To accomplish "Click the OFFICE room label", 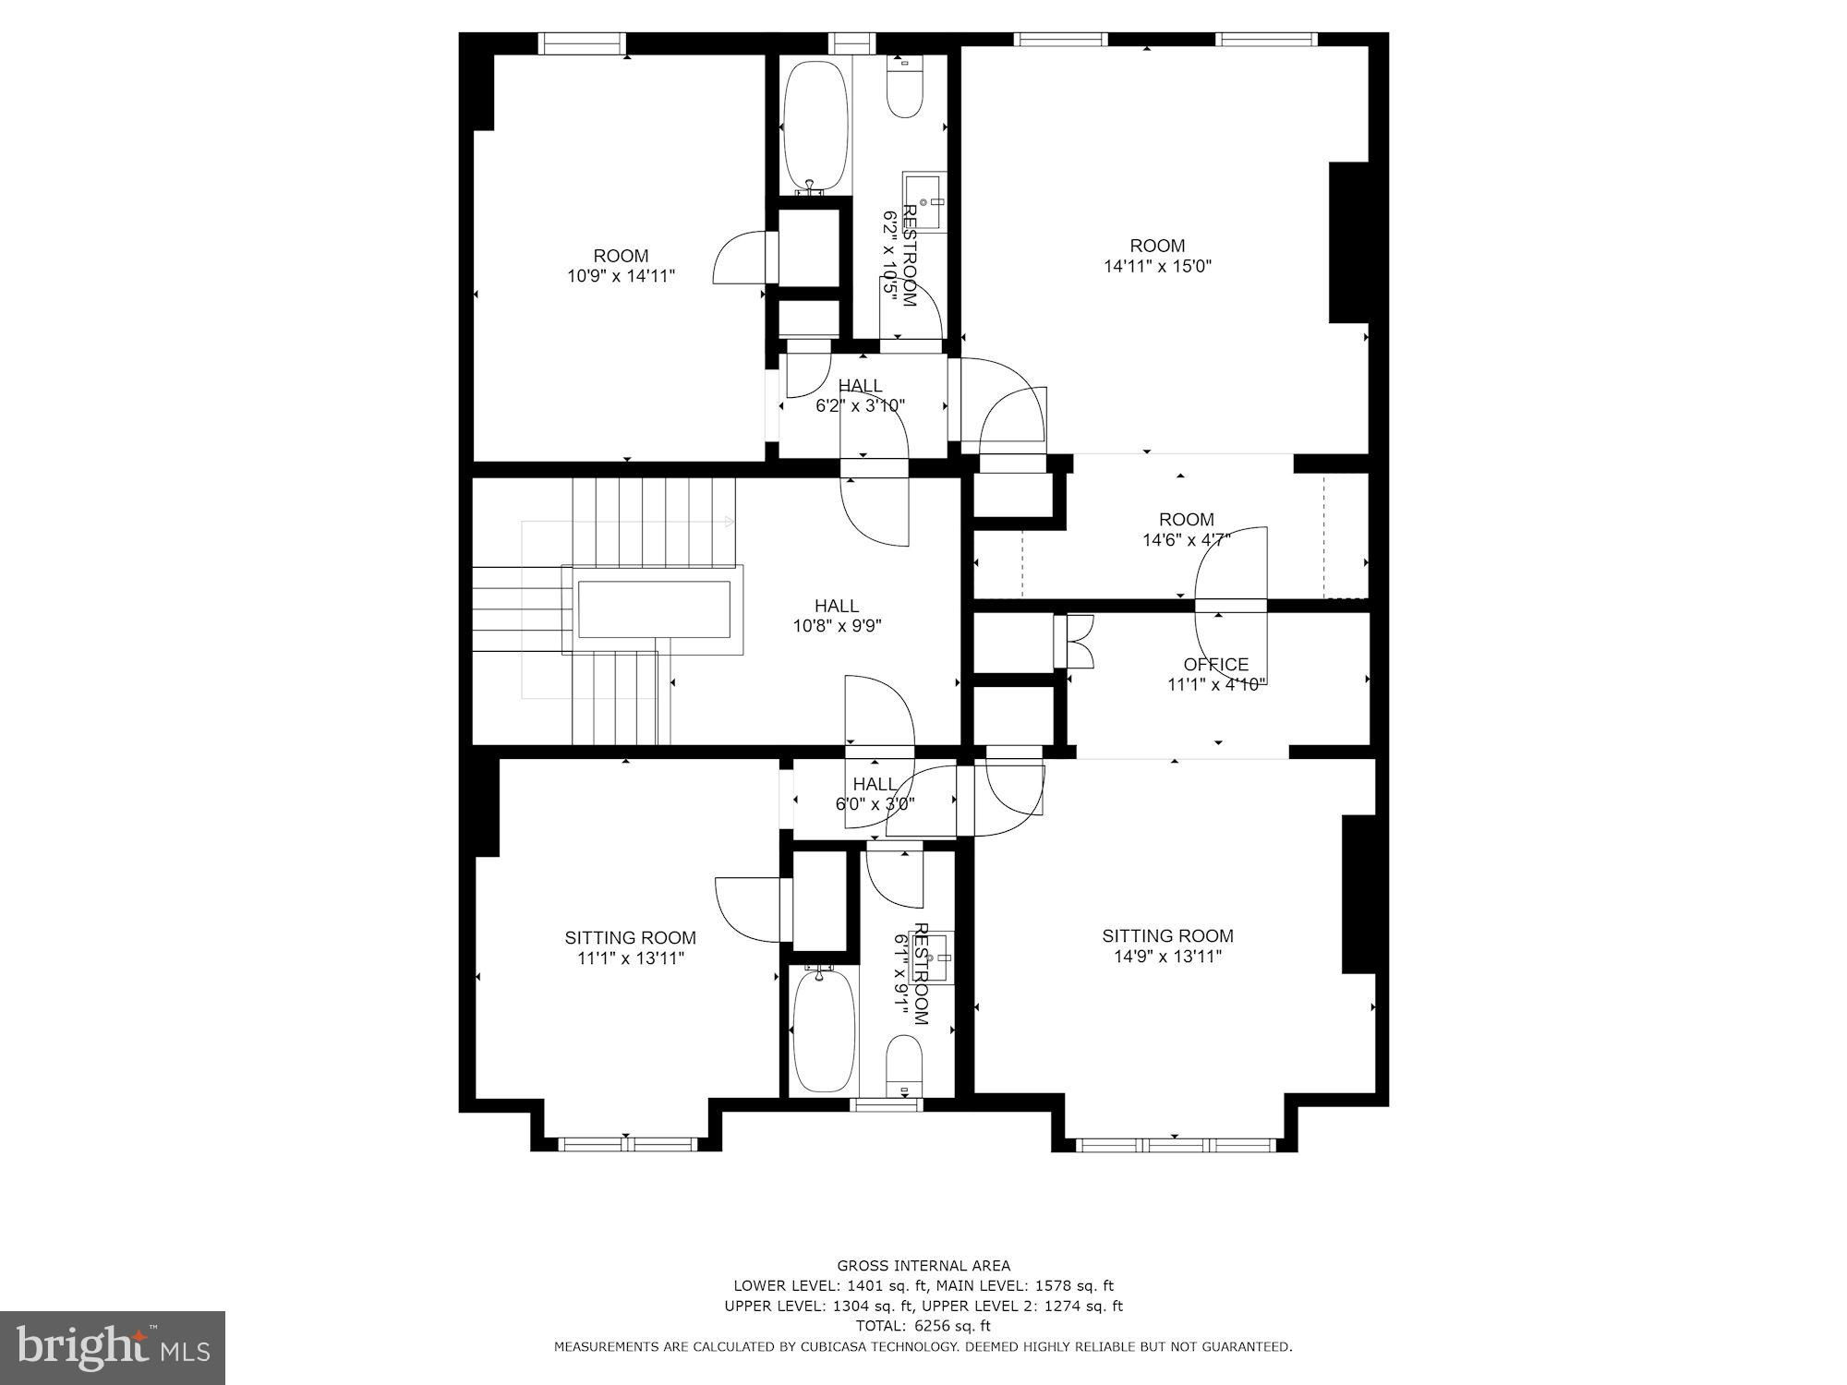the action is coord(1215,664).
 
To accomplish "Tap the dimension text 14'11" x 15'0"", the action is coord(1157,266).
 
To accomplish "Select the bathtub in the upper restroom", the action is coord(815,126).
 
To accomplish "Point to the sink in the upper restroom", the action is coord(924,201).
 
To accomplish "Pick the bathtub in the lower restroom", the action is coord(825,1029).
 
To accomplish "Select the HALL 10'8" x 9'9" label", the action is coord(837,616).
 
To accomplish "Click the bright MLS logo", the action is coord(113,1348).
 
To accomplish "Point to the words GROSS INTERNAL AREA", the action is coord(923,1266).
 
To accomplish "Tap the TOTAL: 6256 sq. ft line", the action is coord(923,1326).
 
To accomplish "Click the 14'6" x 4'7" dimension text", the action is coord(1187,540).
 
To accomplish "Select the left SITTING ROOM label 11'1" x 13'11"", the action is coord(631,948).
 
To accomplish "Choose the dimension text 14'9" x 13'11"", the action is coord(1168,957).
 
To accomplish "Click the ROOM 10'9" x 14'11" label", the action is coord(621,266).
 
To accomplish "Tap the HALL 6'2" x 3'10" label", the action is coord(860,395).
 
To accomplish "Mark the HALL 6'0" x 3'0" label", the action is coord(875,794).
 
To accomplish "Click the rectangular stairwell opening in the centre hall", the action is coord(654,609).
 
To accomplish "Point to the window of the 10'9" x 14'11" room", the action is coord(582,42).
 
